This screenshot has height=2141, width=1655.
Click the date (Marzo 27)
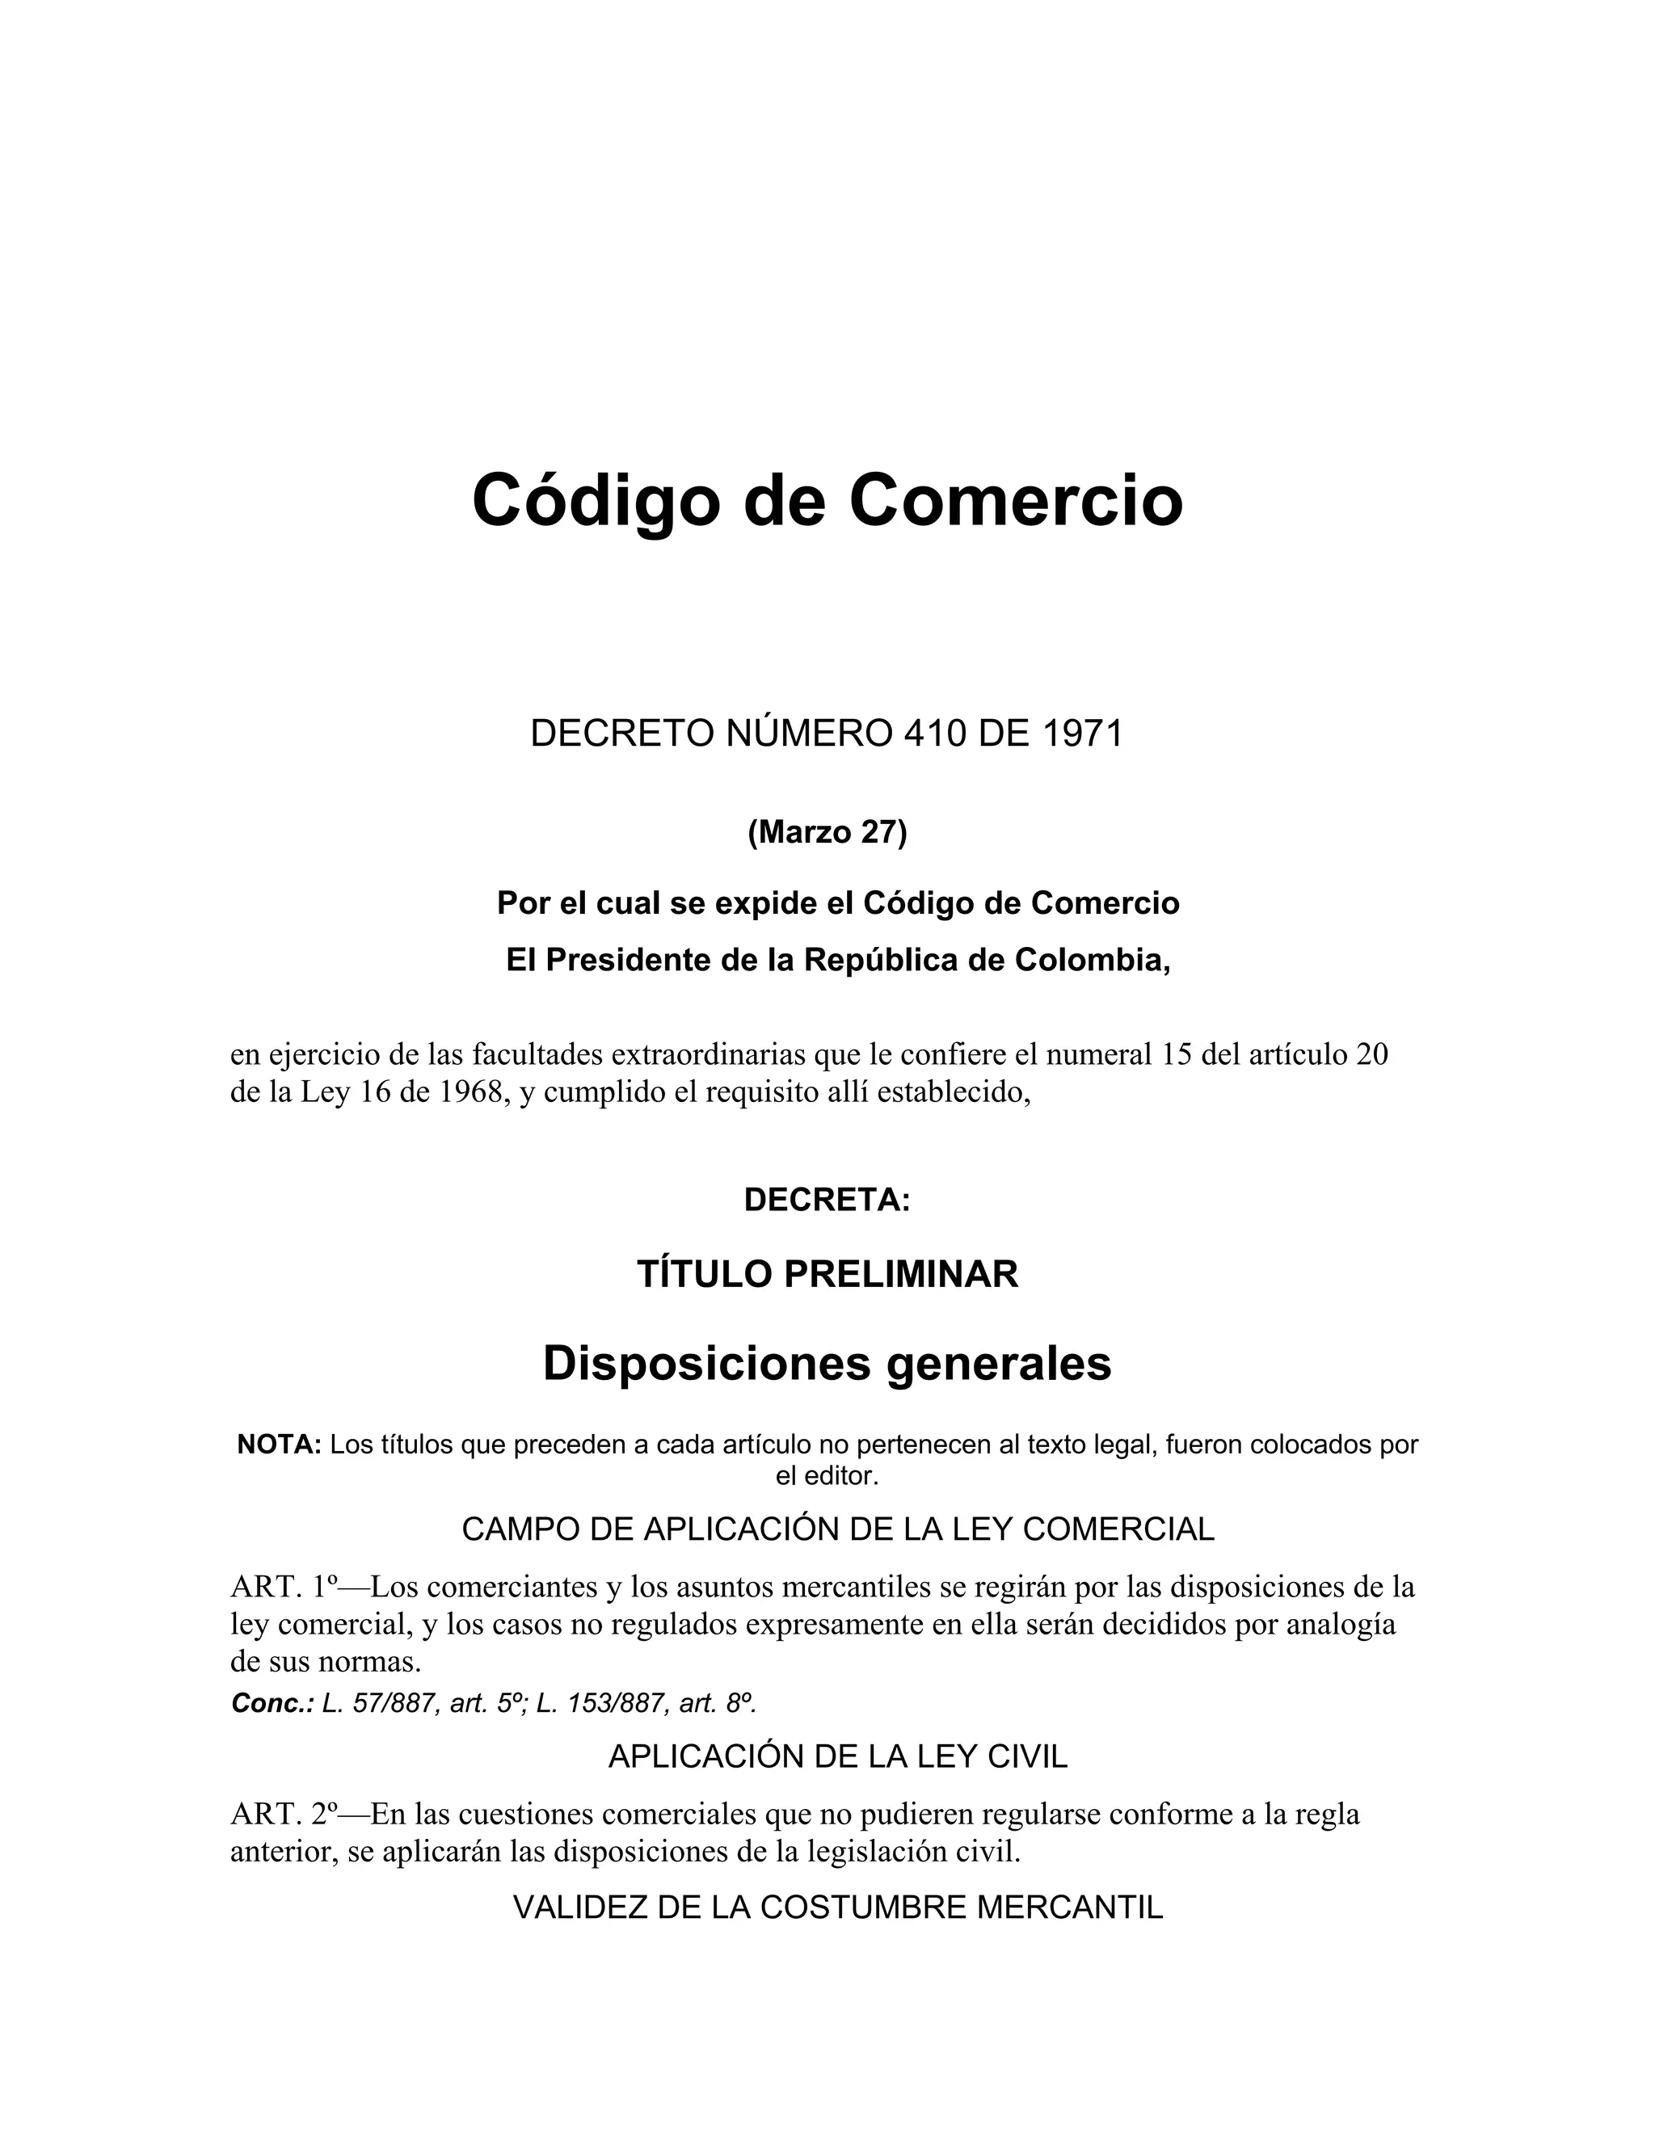[827, 832]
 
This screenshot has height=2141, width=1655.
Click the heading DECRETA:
[827, 1200]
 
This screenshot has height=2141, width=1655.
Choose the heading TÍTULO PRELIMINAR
[827, 1274]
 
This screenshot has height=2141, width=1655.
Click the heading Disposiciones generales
[827, 1364]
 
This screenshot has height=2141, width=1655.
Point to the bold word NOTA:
[280, 1444]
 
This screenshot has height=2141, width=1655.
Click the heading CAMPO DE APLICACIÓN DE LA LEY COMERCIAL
[837, 1529]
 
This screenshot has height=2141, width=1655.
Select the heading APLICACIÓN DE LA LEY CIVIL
[837, 1756]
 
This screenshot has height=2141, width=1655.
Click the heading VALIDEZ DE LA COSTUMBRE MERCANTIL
[837, 1907]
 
